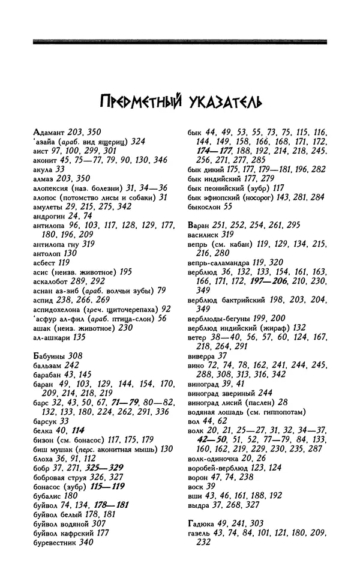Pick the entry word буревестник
pos(54,543)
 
